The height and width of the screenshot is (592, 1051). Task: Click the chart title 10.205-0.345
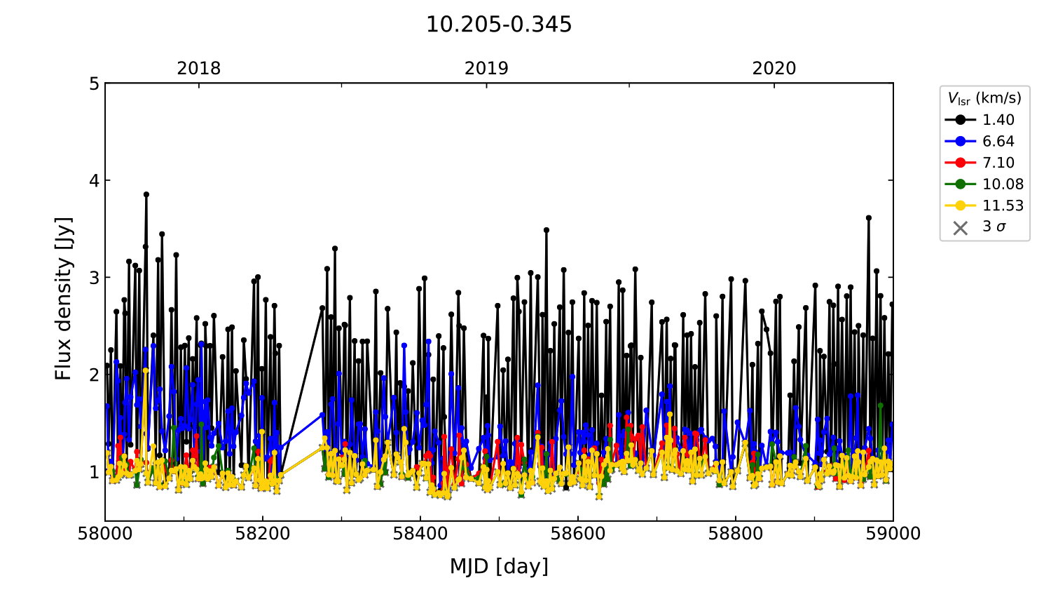tap(499, 25)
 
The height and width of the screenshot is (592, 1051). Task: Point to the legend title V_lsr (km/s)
tap(984, 98)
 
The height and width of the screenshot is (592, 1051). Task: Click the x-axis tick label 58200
tap(263, 534)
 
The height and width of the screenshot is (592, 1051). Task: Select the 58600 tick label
tap(578, 534)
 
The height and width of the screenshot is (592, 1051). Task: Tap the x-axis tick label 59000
tap(893, 534)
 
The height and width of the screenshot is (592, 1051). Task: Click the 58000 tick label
tap(105, 534)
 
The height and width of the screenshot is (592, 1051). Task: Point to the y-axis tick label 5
tap(94, 84)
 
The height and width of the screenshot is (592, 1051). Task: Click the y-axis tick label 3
tap(94, 278)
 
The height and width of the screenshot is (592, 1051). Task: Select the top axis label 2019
tap(486, 69)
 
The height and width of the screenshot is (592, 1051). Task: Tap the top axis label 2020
tap(774, 69)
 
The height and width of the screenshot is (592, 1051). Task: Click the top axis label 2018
tap(198, 69)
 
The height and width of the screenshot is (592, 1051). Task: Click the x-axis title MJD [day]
tap(499, 566)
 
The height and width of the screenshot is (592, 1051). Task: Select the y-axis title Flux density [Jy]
tap(64, 299)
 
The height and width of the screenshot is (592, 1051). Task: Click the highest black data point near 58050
tap(146, 194)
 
